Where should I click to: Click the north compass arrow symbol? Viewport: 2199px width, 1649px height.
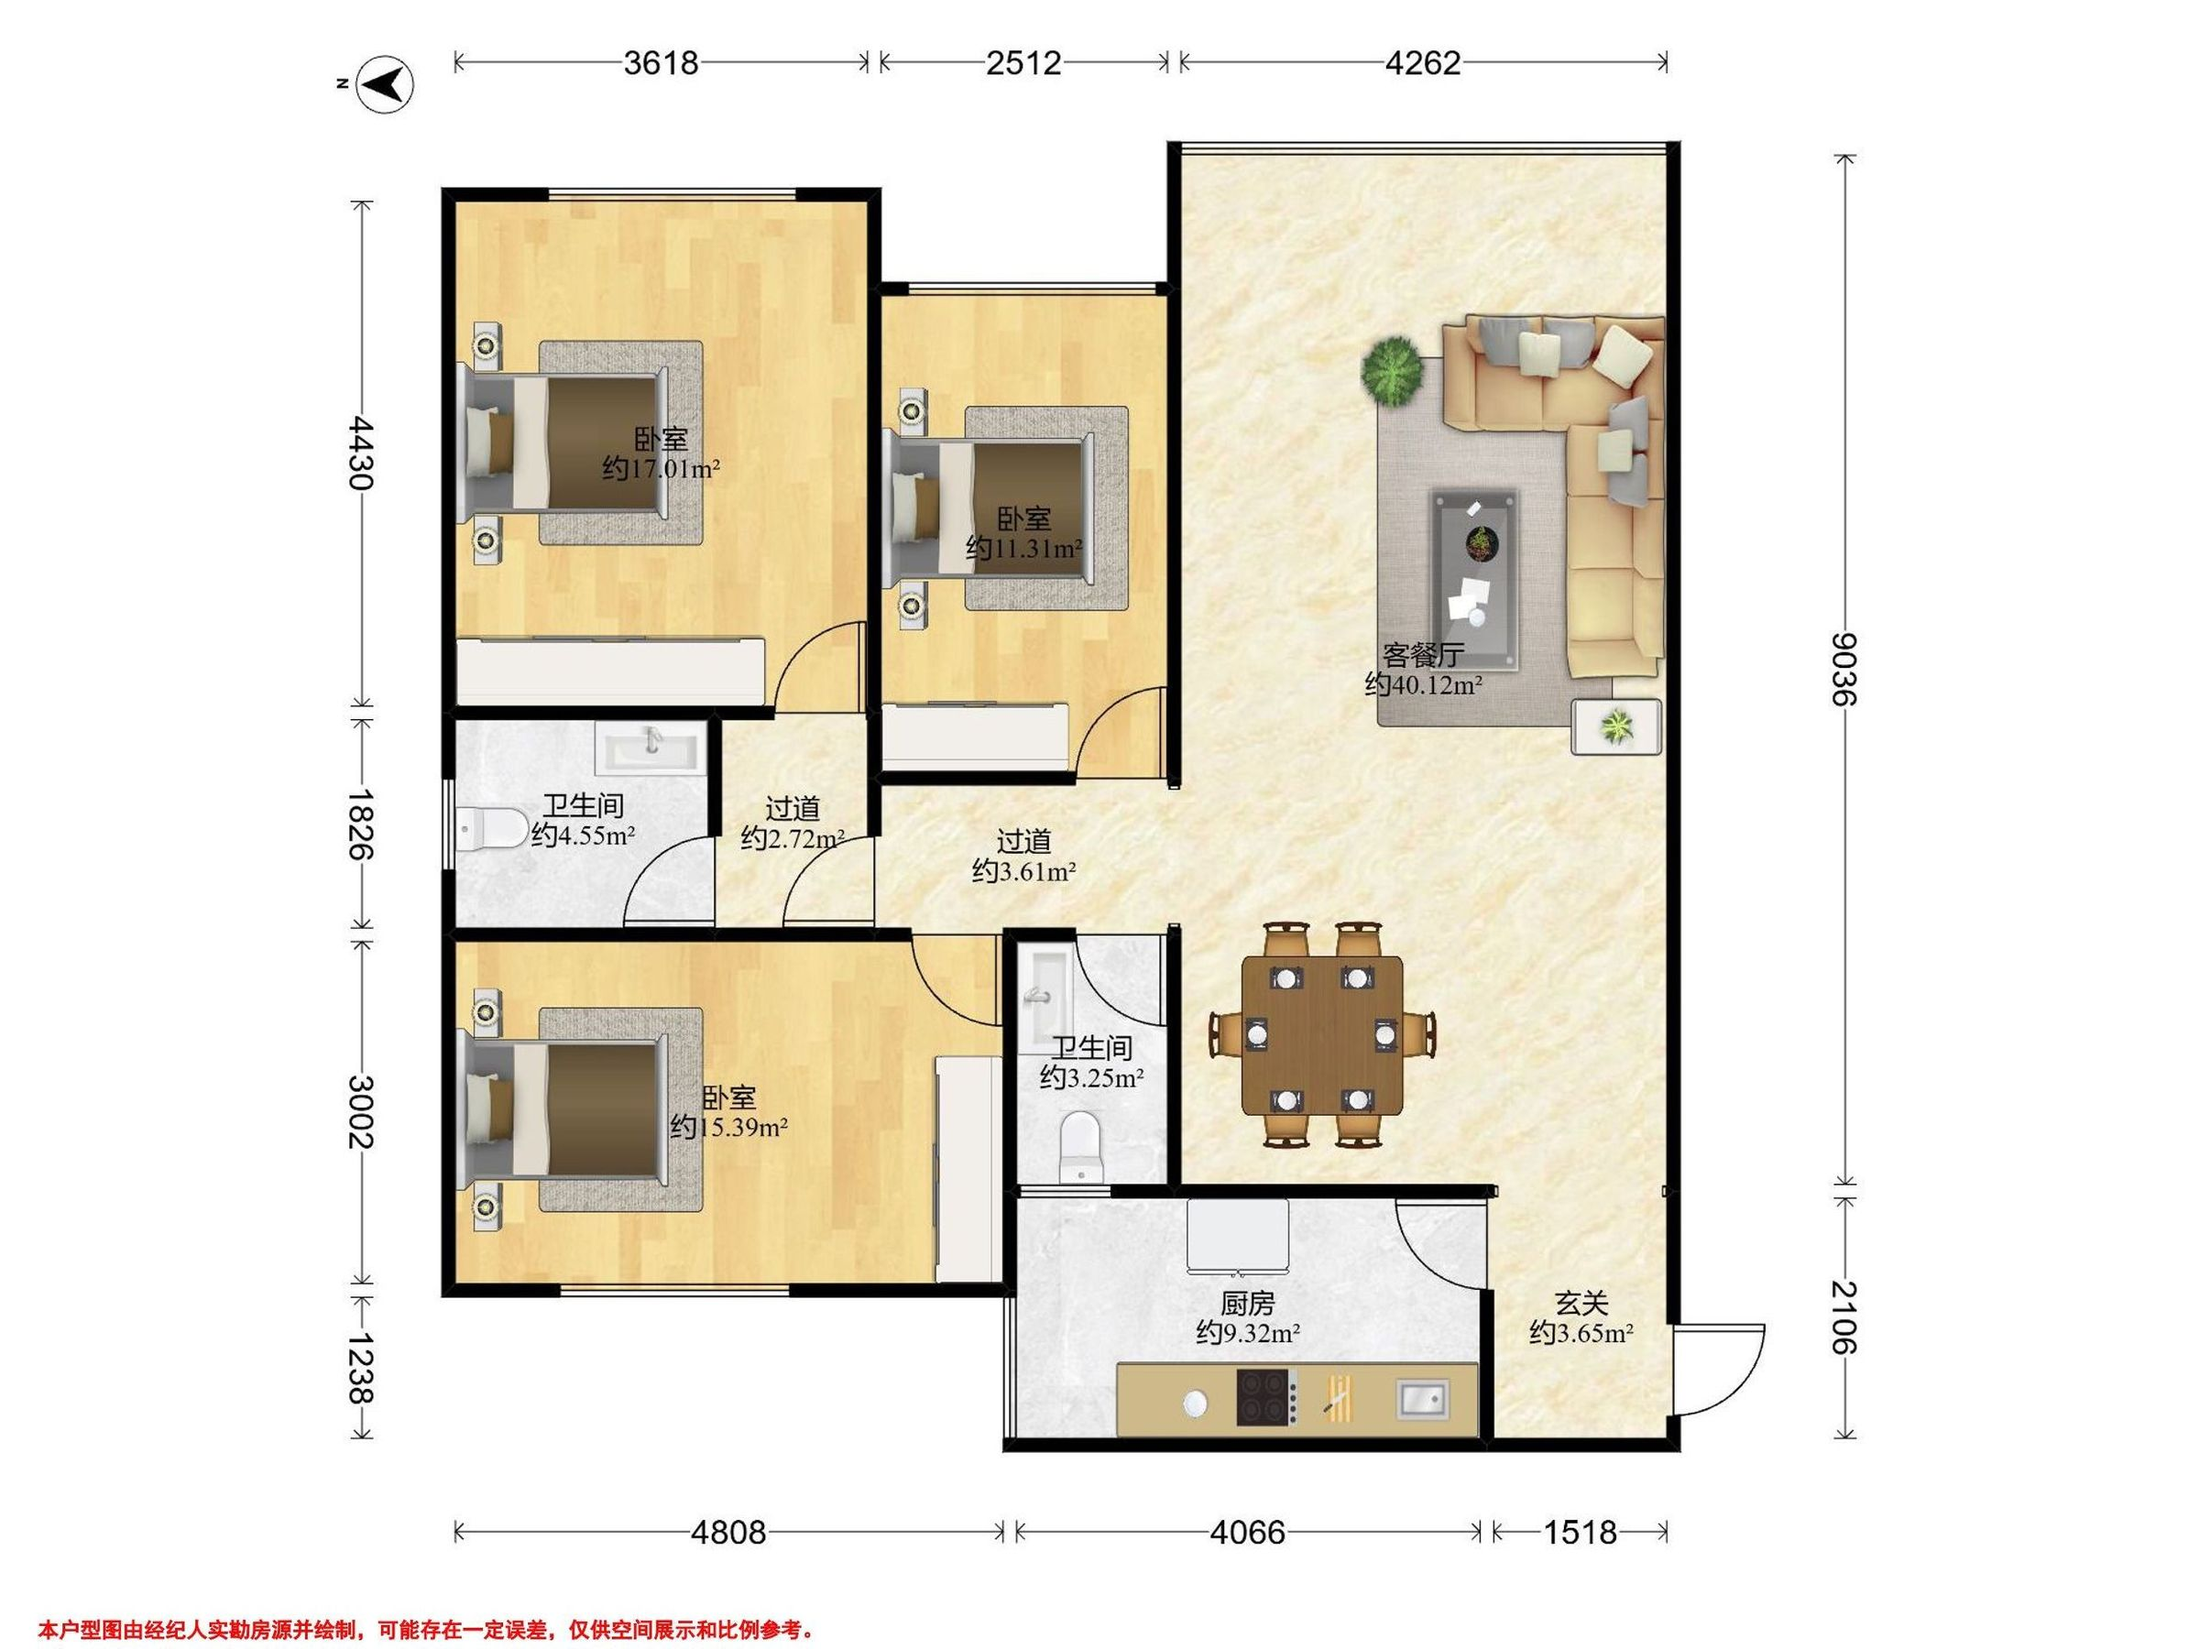point(386,85)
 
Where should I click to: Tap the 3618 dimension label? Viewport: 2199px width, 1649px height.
point(662,63)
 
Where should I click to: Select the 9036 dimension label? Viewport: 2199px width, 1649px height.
point(1845,668)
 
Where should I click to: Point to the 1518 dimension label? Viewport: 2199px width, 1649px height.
point(1580,1533)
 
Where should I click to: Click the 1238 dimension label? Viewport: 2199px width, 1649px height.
point(361,1368)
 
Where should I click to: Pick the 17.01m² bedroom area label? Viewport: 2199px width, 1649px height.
point(662,468)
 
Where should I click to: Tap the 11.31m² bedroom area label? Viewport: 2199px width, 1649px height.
point(1024,548)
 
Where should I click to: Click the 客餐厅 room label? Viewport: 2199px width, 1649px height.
point(1424,656)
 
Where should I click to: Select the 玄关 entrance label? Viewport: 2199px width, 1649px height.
point(1581,1302)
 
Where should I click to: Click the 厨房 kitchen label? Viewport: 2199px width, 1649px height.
point(1248,1302)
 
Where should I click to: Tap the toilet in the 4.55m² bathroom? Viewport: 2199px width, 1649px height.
point(493,828)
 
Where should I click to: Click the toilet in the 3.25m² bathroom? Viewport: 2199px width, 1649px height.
point(1080,1148)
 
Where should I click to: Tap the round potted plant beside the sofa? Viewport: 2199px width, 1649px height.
point(1393,371)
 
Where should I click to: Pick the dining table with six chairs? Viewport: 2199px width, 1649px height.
point(1322,1034)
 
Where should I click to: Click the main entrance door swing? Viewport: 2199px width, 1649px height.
point(1720,1370)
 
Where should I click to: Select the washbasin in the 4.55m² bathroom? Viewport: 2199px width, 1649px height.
point(651,748)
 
